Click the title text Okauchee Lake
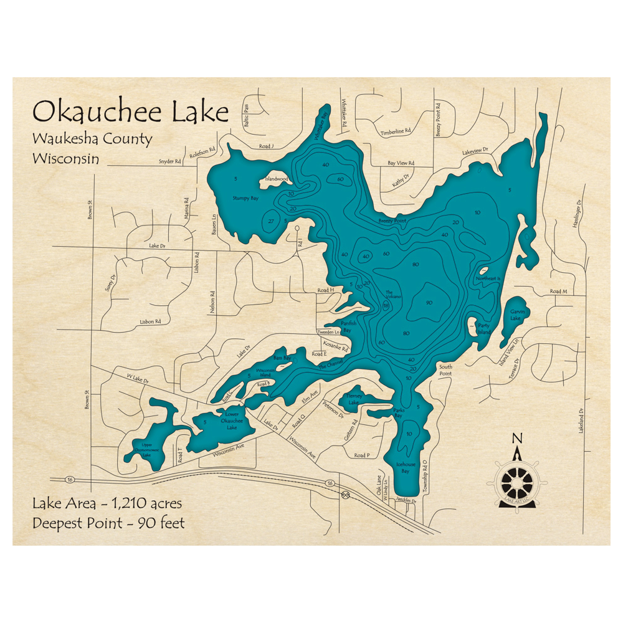[131, 112]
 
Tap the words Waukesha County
[92, 139]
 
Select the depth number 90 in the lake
[429, 303]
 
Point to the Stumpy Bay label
[245, 198]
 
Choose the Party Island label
[484, 328]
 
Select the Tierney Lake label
[354, 400]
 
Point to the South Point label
[445, 369]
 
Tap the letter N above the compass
[516, 439]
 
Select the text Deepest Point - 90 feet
[108, 523]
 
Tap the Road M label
[559, 292]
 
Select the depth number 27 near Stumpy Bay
[271, 221]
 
